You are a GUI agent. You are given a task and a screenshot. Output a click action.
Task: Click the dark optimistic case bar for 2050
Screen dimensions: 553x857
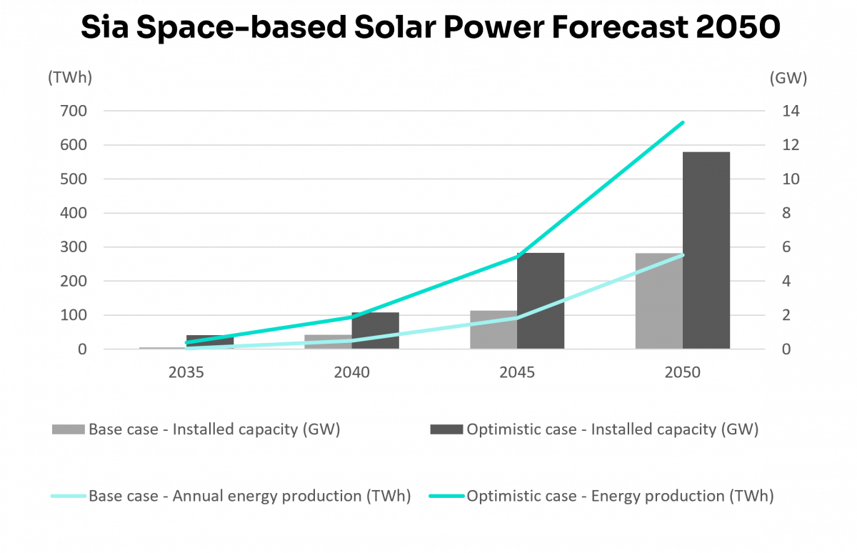click(x=706, y=250)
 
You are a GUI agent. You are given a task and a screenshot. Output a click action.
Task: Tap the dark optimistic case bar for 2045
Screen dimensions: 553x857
click(x=541, y=300)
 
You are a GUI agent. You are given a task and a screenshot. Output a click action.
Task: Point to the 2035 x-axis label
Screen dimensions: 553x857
click(x=186, y=373)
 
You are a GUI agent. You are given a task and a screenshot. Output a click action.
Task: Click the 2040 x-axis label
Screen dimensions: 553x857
click(x=352, y=373)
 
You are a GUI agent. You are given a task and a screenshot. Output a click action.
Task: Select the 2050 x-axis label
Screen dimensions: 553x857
click(x=683, y=373)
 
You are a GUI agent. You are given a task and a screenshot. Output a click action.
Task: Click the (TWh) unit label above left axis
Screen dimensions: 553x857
click(x=70, y=79)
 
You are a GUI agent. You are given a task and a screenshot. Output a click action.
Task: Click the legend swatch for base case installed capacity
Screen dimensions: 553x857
click(x=68, y=430)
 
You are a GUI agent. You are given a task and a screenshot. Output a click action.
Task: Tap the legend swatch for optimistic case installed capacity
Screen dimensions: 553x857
click(x=446, y=430)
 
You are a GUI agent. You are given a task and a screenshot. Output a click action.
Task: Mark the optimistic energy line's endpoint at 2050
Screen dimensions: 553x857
click(x=683, y=122)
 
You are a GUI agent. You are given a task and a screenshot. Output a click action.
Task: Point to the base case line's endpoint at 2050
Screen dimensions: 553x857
click(x=683, y=255)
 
